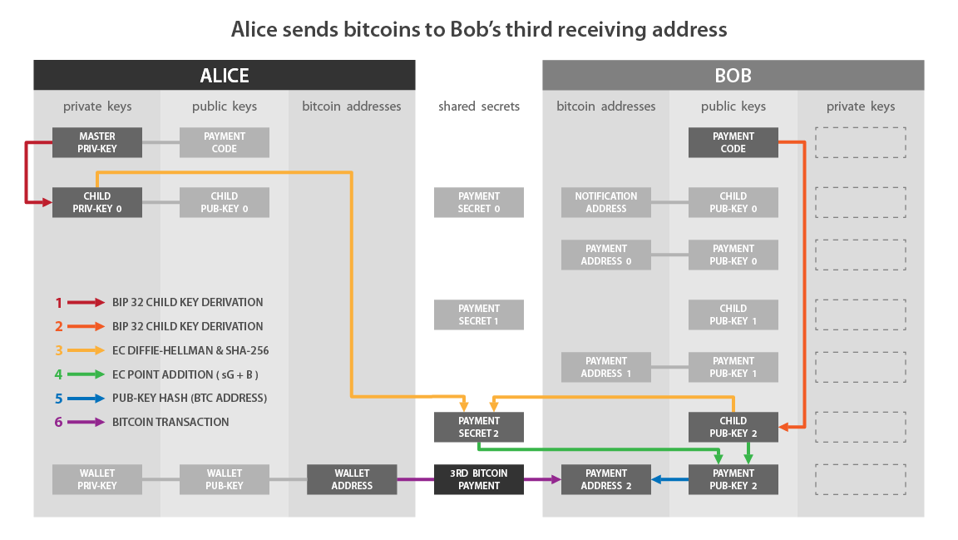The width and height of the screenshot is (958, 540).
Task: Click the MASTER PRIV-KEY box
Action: pos(97,142)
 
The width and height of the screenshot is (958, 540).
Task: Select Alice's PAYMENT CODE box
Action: pos(225,142)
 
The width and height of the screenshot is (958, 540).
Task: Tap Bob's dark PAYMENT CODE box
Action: pos(733,142)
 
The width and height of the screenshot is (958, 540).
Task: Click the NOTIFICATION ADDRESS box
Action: pos(605,202)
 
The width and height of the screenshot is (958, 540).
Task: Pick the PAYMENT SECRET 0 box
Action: pos(479,202)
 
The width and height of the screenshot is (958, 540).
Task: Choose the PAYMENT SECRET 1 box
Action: pos(479,315)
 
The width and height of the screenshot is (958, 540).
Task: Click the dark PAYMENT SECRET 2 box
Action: pos(479,427)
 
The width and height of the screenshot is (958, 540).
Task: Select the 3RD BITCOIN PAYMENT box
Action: pos(479,479)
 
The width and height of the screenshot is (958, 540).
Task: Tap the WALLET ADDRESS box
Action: pos(352,479)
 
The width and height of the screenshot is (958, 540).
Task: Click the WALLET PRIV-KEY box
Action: pos(97,479)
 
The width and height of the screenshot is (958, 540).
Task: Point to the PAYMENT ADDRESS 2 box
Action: pos(605,479)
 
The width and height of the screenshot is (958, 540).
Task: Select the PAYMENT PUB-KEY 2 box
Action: pos(733,479)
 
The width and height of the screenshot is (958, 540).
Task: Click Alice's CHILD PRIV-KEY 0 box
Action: pos(97,202)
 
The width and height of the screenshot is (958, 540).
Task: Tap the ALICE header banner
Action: pos(225,76)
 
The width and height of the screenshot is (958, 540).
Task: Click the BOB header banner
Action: pos(733,76)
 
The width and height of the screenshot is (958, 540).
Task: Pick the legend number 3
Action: pos(59,351)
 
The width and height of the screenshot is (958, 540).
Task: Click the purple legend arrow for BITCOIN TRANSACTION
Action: pos(86,422)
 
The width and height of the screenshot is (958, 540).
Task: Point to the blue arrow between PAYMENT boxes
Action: pos(669,479)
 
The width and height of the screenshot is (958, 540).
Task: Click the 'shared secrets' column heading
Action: pos(479,107)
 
